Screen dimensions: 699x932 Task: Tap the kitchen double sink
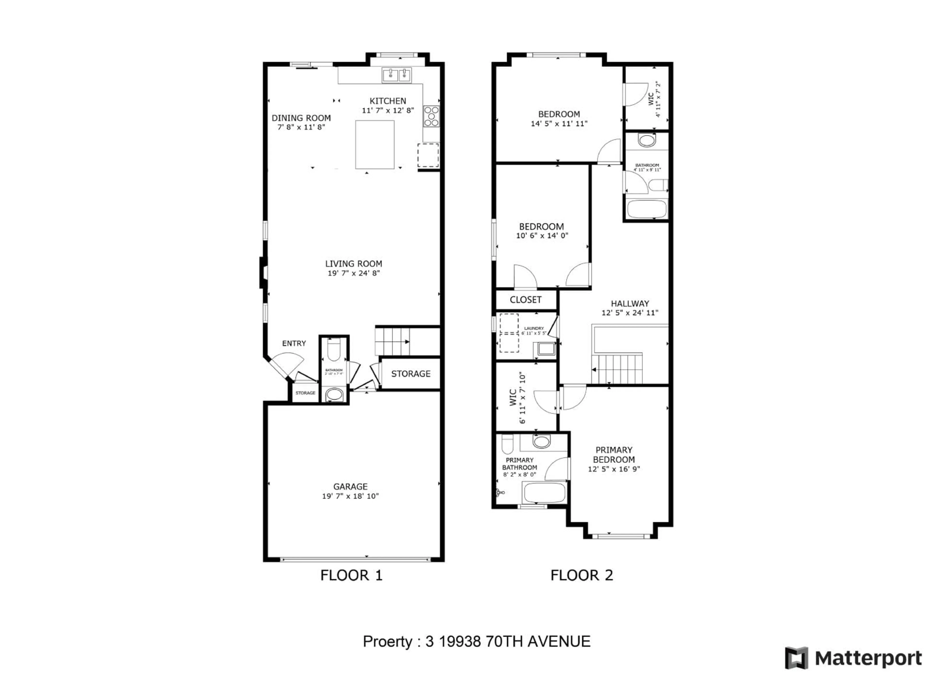(x=397, y=75)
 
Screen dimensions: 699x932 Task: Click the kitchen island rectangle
(x=374, y=144)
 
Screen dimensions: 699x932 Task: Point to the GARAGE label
(x=350, y=486)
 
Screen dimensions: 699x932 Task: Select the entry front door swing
(x=286, y=365)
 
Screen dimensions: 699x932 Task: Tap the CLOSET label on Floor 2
(x=525, y=300)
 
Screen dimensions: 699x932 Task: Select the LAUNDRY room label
(x=533, y=328)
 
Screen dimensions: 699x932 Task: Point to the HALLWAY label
(x=630, y=303)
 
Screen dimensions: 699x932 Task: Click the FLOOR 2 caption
(x=582, y=575)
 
